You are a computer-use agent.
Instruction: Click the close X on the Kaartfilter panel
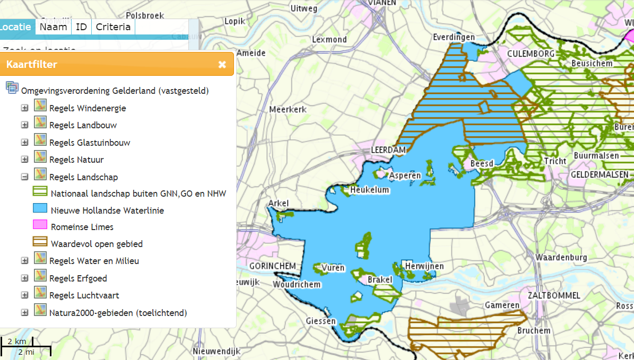222,65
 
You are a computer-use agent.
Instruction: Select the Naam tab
53,27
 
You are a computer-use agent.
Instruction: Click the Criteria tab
113,27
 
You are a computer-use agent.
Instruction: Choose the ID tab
81,27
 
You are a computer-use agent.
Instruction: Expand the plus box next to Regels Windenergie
24,108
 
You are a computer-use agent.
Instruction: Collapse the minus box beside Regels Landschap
24,177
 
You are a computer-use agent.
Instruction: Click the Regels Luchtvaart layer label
84,295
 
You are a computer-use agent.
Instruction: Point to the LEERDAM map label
388,150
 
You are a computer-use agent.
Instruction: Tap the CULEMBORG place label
531,54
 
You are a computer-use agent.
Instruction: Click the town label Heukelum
369,190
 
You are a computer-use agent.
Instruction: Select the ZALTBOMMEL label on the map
554,295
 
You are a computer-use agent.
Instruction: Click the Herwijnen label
424,266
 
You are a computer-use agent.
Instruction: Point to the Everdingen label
454,37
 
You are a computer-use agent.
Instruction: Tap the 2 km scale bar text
17,341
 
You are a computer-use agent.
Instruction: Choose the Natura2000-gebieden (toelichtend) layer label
118,313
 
